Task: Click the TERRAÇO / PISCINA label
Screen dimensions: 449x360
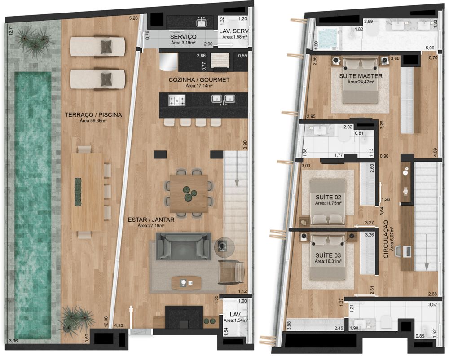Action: pos(93,115)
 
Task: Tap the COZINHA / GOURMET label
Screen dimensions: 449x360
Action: pos(199,80)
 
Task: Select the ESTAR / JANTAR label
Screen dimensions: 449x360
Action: pos(151,220)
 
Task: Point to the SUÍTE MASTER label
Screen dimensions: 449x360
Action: pos(361,76)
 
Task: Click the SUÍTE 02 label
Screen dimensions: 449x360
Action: pos(328,197)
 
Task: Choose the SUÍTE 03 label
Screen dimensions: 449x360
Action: pos(328,255)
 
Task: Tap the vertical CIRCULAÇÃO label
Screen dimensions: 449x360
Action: pos(386,239)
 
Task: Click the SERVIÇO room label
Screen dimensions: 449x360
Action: pos(183,37)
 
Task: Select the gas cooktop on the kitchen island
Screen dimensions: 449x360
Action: pos(176,101)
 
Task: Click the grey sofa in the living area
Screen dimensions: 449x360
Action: pos(183,246)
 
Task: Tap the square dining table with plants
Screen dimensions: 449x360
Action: pos(189,193)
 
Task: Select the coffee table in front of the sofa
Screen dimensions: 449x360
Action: pos(186,283)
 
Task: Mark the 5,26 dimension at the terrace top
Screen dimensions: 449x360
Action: pos(133,18)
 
